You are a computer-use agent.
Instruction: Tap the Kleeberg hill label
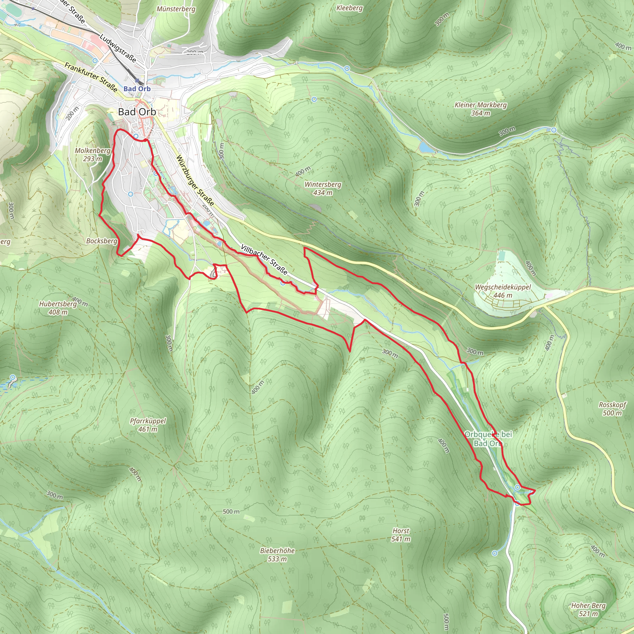coord(350,8)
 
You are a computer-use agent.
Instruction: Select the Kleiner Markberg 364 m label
coord(480,109)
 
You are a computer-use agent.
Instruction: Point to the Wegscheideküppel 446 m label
coord(503,291)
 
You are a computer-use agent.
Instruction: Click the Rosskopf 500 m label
coord(612,409)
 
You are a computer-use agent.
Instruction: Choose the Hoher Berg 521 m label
coord(588,609)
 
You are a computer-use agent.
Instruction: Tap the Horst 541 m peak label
coord(401,535)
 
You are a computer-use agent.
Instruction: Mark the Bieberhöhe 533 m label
coord(277,554)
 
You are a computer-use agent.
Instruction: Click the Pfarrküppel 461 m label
coord(148,425)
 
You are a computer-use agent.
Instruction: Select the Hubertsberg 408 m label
coord(58,308)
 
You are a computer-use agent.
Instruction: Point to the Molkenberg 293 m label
coord(93,154)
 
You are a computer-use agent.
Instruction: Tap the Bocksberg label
coord(102,241)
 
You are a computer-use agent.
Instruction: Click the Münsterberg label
coord(176,9)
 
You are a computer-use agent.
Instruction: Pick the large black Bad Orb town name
coord(137,112)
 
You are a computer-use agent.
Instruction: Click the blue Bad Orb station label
coord(137,89)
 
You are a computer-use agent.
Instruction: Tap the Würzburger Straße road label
coord(195,181)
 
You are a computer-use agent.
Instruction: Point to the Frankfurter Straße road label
coord(91,77)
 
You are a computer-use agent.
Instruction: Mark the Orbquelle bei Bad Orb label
coord(488,439)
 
